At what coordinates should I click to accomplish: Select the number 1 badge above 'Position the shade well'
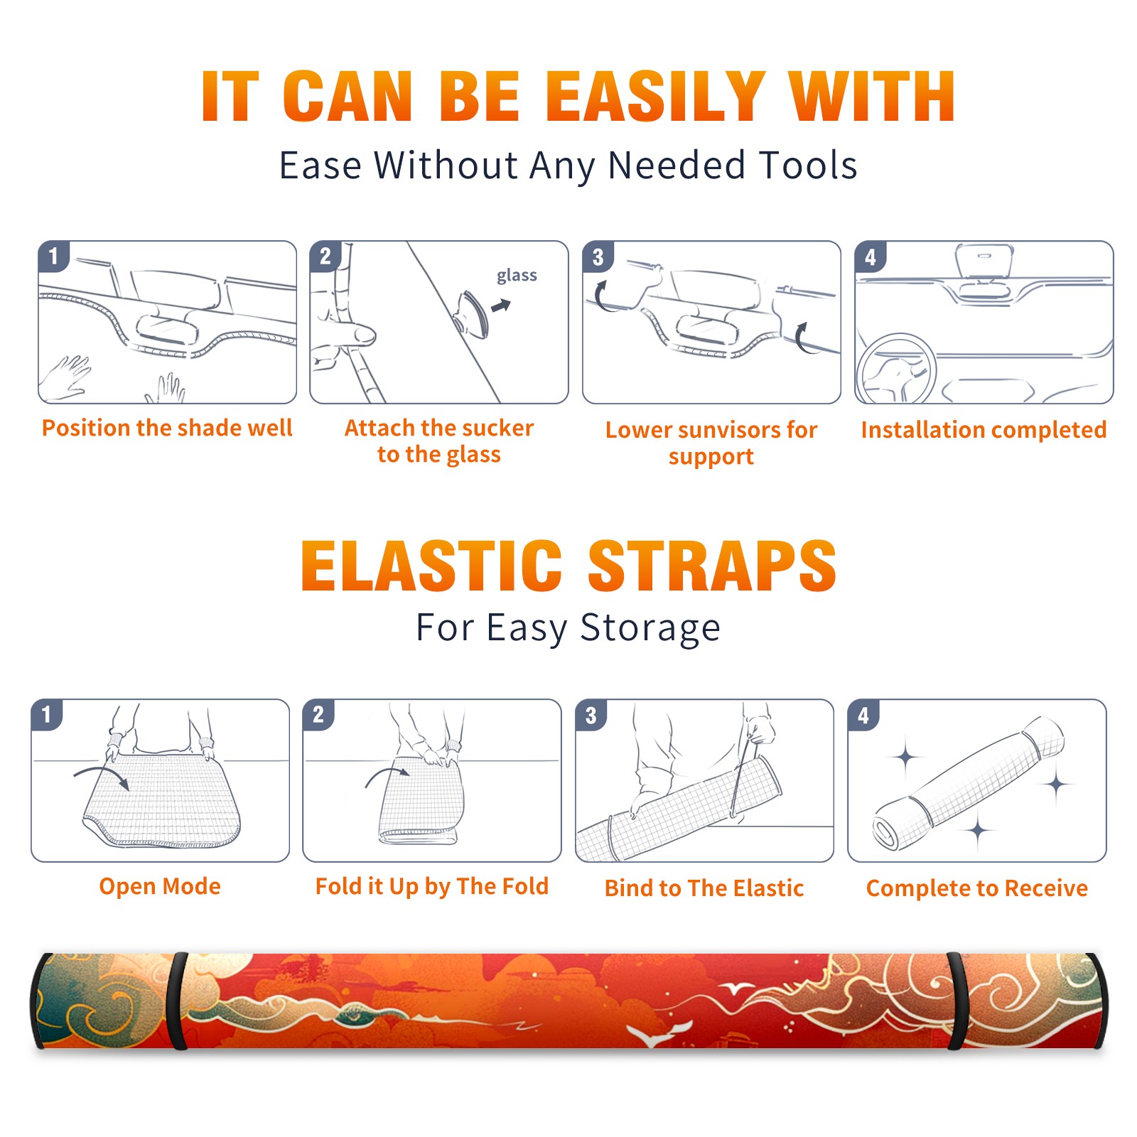(x=54, y=256)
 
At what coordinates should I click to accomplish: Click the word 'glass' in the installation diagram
(x=517, y=276)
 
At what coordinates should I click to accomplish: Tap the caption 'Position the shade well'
(x=167, y=428)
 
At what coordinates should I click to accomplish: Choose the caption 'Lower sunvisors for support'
(x=711, y=443)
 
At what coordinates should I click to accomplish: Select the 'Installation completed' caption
(x=984, y=430)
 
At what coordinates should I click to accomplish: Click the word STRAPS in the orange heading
(x=712, y=566)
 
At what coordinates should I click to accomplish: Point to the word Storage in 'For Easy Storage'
(x=650, y=628)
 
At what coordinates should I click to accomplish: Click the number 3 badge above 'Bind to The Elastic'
(x=591, y=715)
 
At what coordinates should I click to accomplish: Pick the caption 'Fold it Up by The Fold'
(x=432, y=886)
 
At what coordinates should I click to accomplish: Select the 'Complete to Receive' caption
(x=977, y=888)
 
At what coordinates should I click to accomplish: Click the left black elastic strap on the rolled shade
(x=177, y=1001)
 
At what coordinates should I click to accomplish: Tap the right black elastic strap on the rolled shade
(x=957, y=1001)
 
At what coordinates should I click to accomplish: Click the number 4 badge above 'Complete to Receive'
(x=863, y=715)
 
